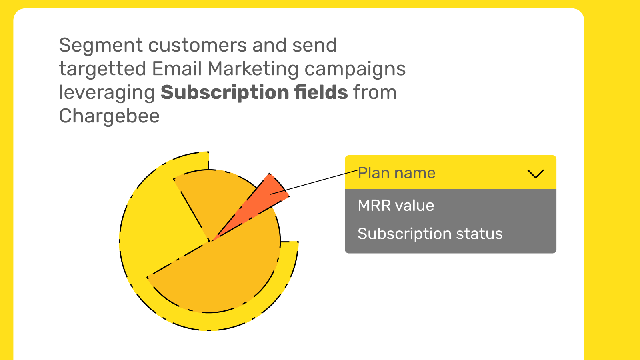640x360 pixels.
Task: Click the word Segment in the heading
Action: tap(101, 46)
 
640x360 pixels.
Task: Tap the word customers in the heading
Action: tap(198, 46)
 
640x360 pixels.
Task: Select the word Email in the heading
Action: tap(177, 69)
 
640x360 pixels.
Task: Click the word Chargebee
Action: tap(109, 116)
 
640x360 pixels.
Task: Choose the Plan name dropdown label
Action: tap(396, 173)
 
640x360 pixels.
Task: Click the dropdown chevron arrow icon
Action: tap(536, 174)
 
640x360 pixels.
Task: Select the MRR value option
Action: tap(396, 206)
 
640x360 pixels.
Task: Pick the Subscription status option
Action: tap(430, 234)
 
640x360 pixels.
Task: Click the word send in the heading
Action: tap(314, 46)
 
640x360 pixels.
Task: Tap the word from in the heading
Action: tap(375, 92)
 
